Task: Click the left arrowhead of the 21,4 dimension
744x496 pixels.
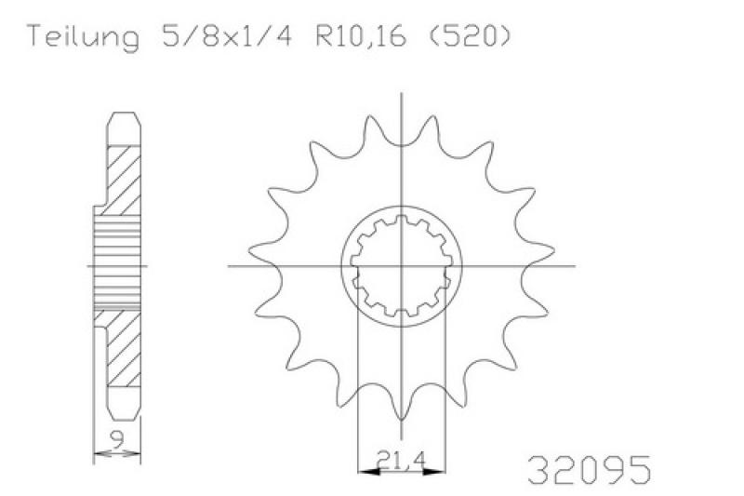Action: pyautogui.click(x=364, y=472)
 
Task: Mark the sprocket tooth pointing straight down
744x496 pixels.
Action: pyautogui.click(x=402, y=406)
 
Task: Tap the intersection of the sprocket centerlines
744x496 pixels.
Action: pyautogui.click(x=402, y=266)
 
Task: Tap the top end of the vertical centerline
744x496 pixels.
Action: pyautogui.click(x=402, y=93)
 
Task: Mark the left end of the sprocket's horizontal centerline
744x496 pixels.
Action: pyautogui.click(x=230, y=266)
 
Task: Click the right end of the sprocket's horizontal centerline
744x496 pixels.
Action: pyautogui.click(x=575, y=266)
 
